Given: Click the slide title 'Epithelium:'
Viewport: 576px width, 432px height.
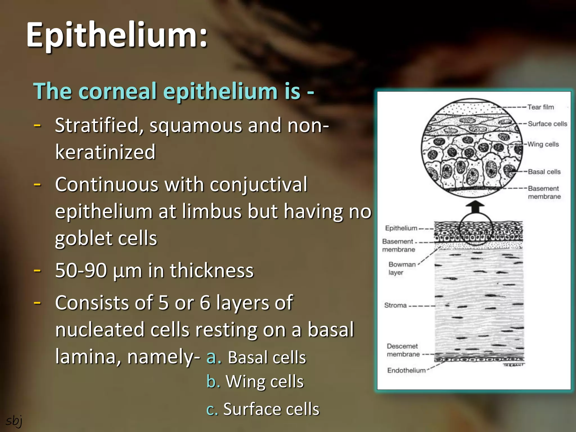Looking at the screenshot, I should pos(117,35).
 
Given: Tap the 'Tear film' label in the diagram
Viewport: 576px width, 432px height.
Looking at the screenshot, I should pos(540,107).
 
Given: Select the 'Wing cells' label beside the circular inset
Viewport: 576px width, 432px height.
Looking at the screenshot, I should pos(543,144).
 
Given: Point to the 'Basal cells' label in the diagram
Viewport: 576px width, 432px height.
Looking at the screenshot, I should pos(544,172).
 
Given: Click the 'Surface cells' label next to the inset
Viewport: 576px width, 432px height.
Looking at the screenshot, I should pos(547,124).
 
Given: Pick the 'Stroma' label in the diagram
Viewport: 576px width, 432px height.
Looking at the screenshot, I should pos(395,305).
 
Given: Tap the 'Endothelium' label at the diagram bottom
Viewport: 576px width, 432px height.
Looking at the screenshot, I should pos(406,370).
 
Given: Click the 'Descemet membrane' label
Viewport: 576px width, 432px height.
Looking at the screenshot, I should pos(403,350).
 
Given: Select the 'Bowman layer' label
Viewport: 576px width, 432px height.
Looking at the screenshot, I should pos(402,268).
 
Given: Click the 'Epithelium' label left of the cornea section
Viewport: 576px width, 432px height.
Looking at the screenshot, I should pos(401,228).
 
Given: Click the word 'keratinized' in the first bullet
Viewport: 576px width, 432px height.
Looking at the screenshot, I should pos(105,152).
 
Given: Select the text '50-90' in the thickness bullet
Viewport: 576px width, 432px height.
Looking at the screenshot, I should pos(81,271).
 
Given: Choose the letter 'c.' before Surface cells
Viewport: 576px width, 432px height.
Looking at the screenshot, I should pos(212,409).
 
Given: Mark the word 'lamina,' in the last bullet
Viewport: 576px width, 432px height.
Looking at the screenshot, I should pos(88,356).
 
